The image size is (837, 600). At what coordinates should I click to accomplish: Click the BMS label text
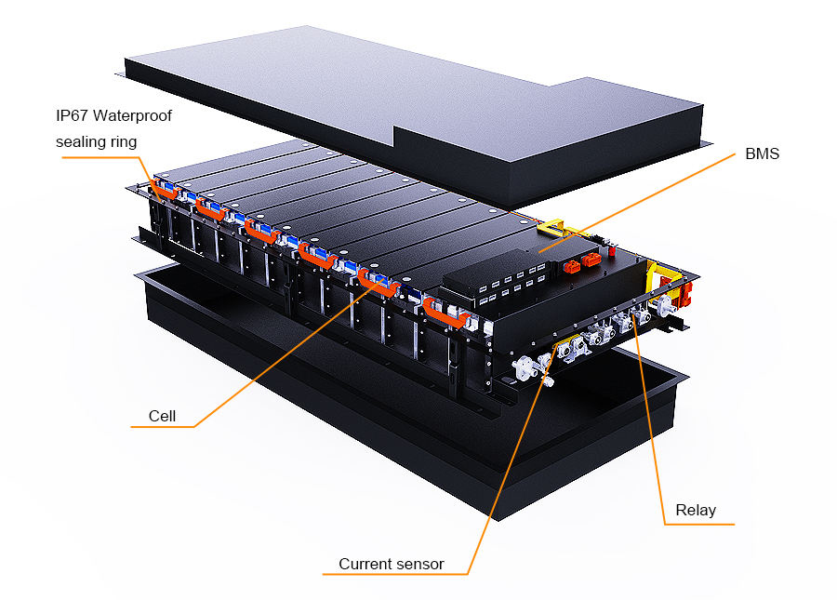click(762, 153)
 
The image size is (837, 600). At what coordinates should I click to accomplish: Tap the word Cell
click(162, 416)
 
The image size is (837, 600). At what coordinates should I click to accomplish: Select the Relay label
click(696, 511)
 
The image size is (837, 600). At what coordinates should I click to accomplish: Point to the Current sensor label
click(391, 564)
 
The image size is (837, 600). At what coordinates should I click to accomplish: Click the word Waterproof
click(134, 116)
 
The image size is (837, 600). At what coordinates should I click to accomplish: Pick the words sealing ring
click(96, 141)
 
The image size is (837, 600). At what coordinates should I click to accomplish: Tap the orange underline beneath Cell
click(168, 427)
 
